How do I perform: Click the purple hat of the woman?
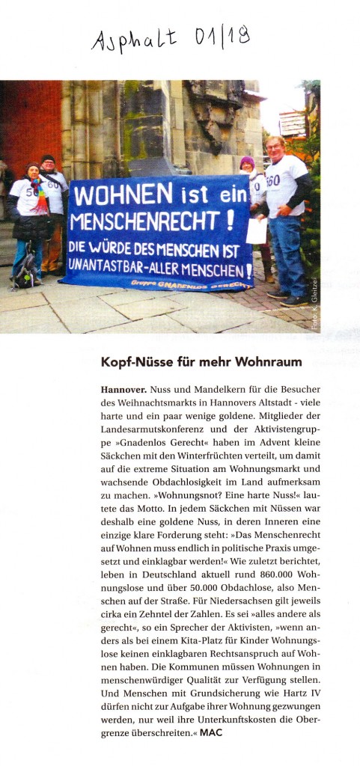coord(247,161)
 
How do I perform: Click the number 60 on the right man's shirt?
coord(273,181)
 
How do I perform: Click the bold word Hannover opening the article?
coord(123,390)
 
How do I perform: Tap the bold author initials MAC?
coord(212,732)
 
